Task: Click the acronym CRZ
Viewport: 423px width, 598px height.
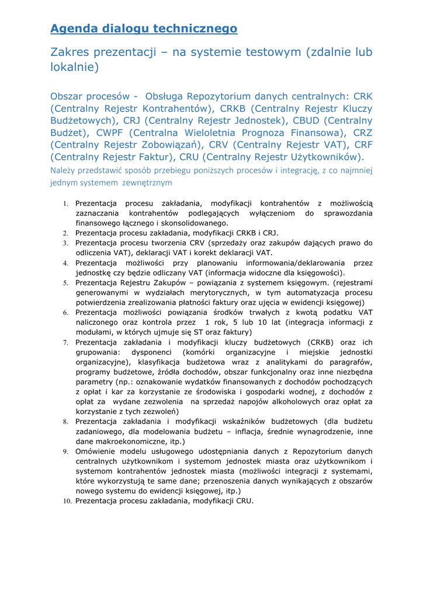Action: [x=363, y=133]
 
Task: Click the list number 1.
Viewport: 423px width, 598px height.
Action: [x=66, y=204]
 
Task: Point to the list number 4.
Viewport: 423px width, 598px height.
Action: [x=66, y=263]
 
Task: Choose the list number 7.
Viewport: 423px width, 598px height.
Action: [x=66, y=343]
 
